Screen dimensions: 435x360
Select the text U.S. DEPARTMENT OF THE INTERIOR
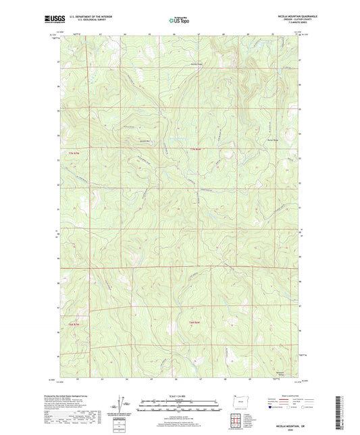click(x=94, y=18)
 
